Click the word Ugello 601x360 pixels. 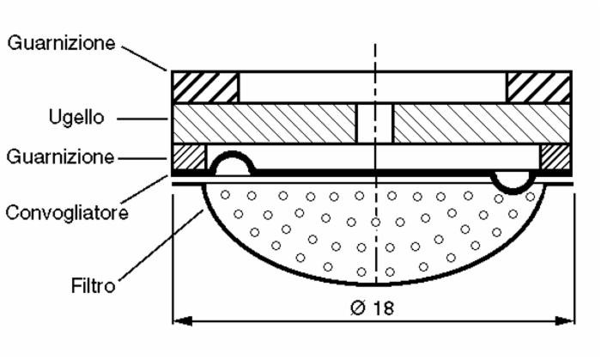click(76, 119)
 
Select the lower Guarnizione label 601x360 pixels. click(60, 157)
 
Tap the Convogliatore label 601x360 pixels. click(68, 211)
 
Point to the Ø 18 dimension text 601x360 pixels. click(372, 308)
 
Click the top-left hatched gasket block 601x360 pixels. click(206, 87)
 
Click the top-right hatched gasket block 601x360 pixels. click(538, 87)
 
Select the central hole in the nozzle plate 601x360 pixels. click(374, 123)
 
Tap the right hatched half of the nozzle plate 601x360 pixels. click(481, 123)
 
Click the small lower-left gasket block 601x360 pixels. click(190, 156)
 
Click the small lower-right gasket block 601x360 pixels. click(555, 156)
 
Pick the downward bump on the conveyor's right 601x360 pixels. click(513, 181)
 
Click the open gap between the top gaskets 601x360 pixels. click(372, 87)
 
